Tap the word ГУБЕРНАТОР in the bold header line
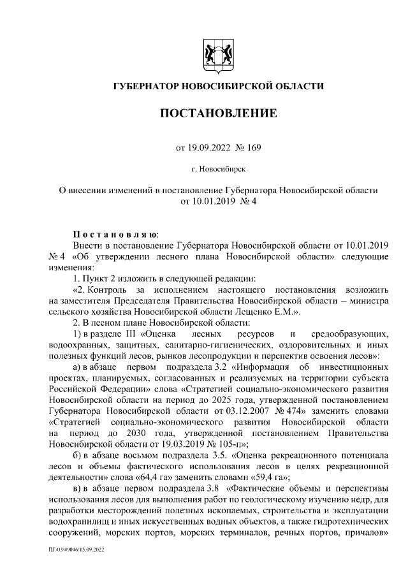(x=145, y=86)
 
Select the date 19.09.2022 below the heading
(x=209, y=149)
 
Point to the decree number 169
(x=252, y=149)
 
